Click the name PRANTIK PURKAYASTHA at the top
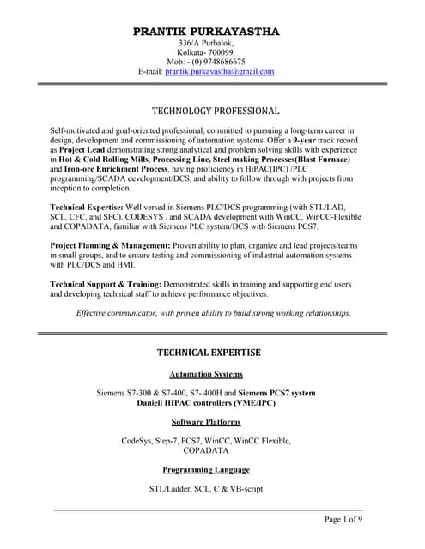pyautogui.click(x=206, y=32)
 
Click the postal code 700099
pyautogui.click(x=221, y=52)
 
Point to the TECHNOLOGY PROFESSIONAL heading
pyautogui.click(x=216, y=111)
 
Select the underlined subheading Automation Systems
pyautogui.click(x=206, y=375)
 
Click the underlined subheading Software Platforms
pyautogui.click(x=206, y=422)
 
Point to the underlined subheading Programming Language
pyautogui.click(x=206, y=469)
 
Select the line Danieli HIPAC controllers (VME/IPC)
pyautogui.click(x=205, y=403)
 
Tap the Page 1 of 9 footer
pyautogui.click(x=343, y=520)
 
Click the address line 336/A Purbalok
pyautogui.click(x=206, y=43)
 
